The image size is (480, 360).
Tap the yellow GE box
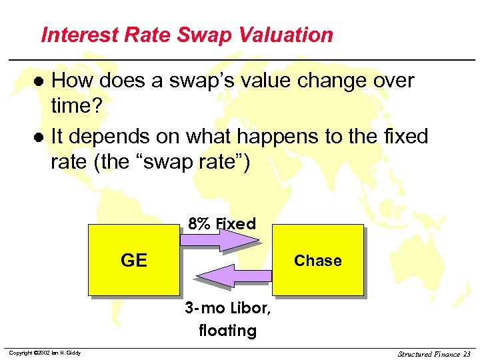(133, 260)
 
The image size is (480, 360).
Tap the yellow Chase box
(317, 260)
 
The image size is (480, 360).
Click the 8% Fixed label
(222, 224)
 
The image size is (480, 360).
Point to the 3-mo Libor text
(227, 309)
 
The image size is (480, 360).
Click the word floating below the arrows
(227, 331)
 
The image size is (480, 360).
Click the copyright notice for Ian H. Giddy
(45, 353)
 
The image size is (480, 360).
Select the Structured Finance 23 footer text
(433, 353)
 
